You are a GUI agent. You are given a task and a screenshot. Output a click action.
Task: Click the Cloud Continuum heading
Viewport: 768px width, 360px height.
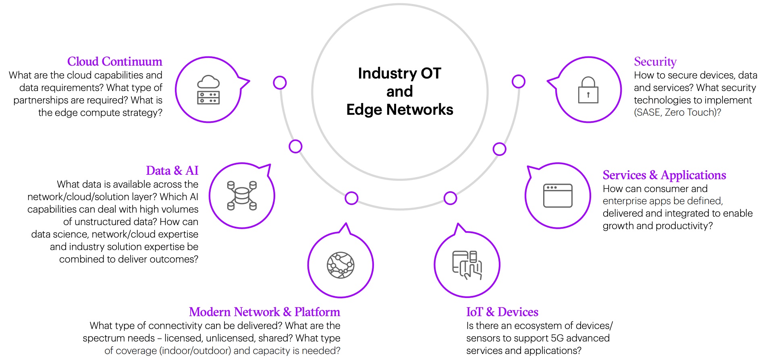[x=114, y=62]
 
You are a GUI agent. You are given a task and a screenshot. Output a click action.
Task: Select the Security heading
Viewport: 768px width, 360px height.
[x=655, y=62]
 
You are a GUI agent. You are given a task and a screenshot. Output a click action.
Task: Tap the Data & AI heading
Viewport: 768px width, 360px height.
[x=172, y=171]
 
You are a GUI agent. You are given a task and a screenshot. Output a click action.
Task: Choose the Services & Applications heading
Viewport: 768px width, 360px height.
[x=664, y=175]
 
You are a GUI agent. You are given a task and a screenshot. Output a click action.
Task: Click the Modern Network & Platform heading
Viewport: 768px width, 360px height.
[x=264, y=312]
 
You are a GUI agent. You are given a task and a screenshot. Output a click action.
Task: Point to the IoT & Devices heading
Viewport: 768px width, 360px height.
[x=502, y=312]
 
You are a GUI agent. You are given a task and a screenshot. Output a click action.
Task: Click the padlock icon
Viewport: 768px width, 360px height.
[x=588, y=90]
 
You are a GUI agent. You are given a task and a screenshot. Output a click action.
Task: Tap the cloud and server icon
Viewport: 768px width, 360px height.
[x=208, y=90]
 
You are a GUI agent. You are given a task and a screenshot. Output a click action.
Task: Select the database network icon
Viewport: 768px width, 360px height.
[x=242, y=196]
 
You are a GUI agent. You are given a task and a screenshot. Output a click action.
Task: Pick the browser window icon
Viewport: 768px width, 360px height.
[x=558, y=196]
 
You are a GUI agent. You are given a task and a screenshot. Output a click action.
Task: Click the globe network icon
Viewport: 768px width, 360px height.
[x=340, y=265]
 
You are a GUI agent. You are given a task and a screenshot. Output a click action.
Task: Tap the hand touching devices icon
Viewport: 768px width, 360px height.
[x=467, y=265]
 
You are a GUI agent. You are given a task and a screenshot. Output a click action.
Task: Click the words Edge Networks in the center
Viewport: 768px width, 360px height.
[x=400, y=110]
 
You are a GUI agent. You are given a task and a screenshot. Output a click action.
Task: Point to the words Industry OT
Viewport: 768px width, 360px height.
[x=400, y=73]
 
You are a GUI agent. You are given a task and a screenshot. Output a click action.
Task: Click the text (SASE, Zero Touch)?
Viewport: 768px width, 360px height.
[x=677, y=112]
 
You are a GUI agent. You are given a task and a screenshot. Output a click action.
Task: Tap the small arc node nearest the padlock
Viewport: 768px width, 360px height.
[x=518, y=81]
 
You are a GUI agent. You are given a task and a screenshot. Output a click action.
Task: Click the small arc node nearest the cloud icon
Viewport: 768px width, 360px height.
[x=280, y=83]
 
